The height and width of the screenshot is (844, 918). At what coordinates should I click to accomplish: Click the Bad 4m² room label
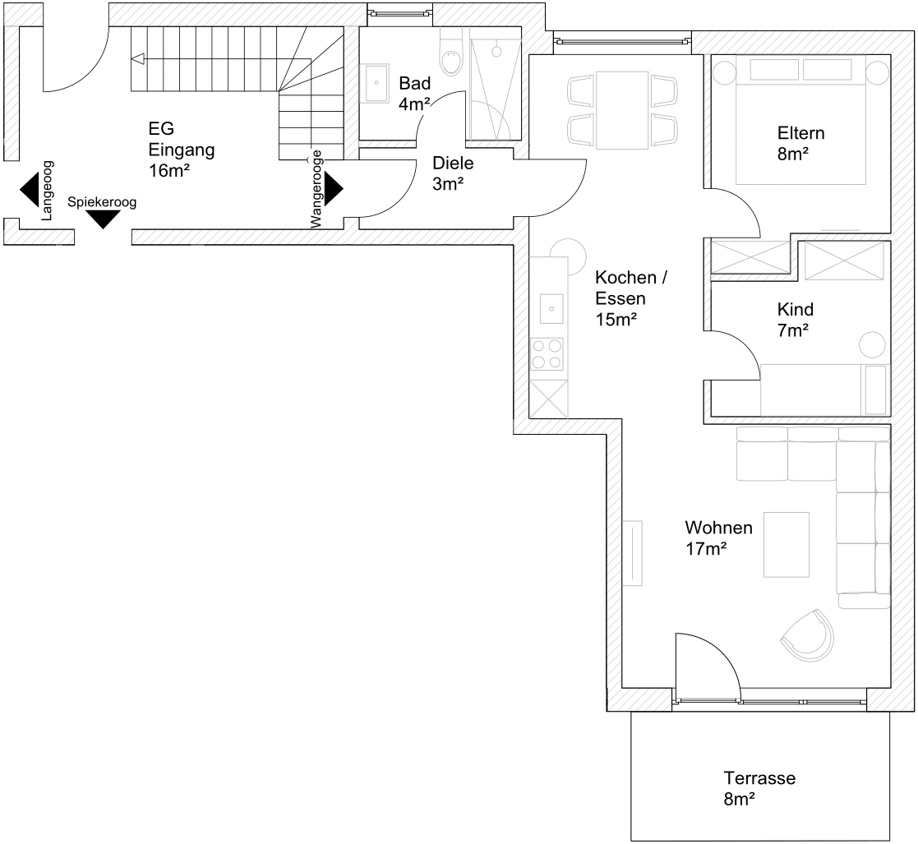414,93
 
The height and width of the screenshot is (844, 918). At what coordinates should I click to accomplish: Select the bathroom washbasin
378,82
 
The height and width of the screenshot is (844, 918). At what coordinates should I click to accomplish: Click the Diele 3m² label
453,173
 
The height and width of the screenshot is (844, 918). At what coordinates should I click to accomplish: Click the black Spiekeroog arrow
103,219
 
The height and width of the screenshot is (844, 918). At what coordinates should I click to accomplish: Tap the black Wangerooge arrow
333,189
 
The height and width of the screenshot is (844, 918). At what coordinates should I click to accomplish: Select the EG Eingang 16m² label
170,150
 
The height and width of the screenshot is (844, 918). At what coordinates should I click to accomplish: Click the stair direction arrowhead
137,58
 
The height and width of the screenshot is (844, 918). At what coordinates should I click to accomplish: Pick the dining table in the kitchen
622,110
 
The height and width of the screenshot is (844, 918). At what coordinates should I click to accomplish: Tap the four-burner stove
547,353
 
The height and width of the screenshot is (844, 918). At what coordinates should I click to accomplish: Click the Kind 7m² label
795,320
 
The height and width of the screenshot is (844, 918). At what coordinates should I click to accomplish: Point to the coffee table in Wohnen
786,544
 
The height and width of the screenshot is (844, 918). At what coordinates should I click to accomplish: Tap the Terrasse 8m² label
759,787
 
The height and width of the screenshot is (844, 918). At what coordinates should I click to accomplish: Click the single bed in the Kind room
822,389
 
